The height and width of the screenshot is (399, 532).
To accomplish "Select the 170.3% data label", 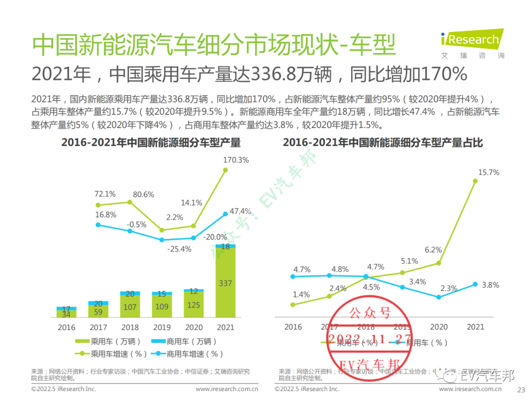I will (x=236, y=160).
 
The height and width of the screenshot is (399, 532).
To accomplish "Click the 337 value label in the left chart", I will (x=226, y=283).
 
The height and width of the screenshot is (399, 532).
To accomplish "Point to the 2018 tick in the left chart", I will (x=130, y=327).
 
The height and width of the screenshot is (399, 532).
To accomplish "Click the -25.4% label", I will (x=179, y=249).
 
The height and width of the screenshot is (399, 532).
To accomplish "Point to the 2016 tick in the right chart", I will (x=294, y=327).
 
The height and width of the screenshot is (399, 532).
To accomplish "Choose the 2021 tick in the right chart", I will (x=475, y=327).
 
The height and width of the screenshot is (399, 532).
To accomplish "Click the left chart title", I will (x=151, y=143).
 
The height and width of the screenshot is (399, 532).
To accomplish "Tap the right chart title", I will (x=383, y=143).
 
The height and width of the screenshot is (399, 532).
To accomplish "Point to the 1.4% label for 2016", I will (x=301, y=295).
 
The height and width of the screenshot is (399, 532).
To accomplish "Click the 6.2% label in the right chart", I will (x=433, y=250).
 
